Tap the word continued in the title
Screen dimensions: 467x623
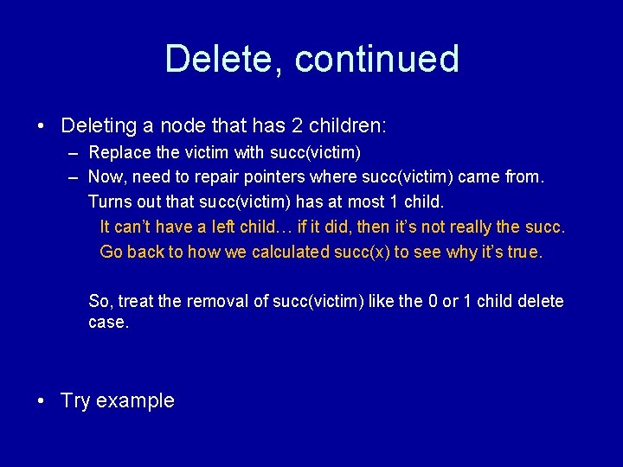click(376, 59)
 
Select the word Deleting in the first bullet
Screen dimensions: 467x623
click(100, 125)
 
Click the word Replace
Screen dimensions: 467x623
click(117, 152)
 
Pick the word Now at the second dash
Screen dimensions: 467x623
click(105, 177)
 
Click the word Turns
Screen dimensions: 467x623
click(109, 202)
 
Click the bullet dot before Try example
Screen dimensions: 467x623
click(41, 400)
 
